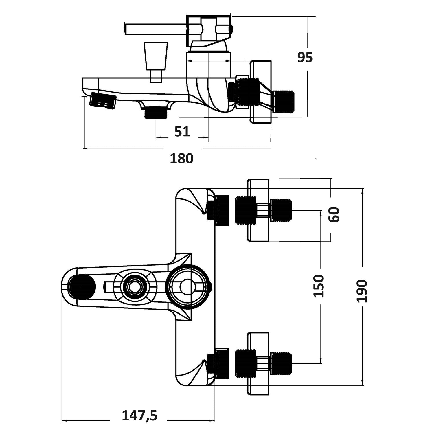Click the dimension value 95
click(305, 58)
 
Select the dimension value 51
click(182, 132)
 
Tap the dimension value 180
click(181, 159)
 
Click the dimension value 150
click(319, 286)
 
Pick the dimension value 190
click(362, 291)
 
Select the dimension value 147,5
click(139, 416)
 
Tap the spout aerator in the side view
click(103, 100)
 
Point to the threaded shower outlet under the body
click(156, 112)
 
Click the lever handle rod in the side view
click(155, 29)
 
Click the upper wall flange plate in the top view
click(258, 210)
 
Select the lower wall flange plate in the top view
click(258, 363)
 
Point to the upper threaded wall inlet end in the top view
click(280, 210)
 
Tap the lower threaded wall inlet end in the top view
click(280, 363)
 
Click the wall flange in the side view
click(261, 92)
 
